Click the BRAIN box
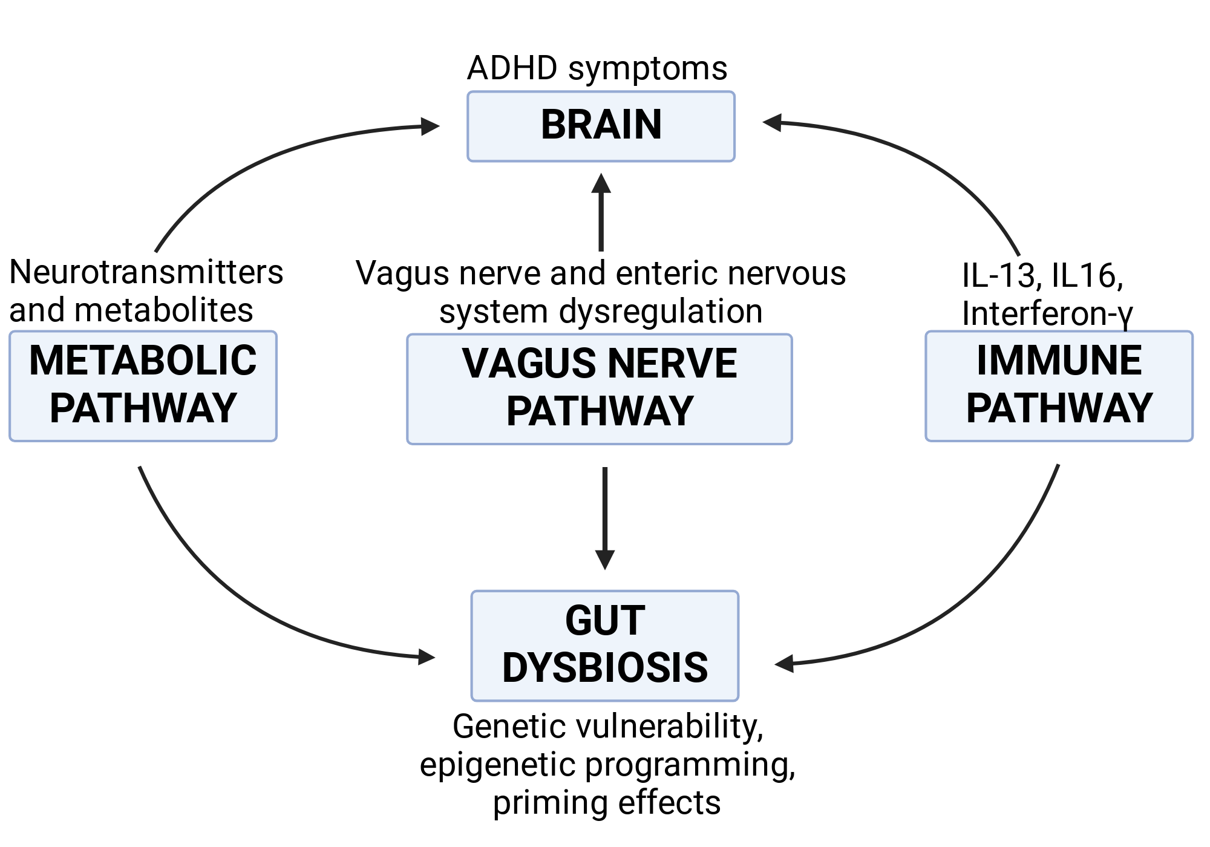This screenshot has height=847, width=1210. coord(601,126)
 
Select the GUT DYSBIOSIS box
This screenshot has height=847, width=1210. coord(605,646)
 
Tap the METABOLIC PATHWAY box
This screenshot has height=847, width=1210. coord(143,386)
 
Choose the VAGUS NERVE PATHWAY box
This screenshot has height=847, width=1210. coord(600,389)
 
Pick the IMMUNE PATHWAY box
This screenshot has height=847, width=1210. coord(1059,386)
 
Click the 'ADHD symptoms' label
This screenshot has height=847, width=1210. coord(597,68)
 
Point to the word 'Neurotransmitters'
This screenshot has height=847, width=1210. coord(146,272)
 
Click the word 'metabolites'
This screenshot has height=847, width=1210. coord(163,310)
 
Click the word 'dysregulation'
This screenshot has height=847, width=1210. coord(661,312)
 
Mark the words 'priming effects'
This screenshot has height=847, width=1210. coord(607,803)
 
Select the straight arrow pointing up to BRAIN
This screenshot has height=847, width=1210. coord(601,212)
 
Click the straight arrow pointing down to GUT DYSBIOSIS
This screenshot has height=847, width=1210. coord(605,518)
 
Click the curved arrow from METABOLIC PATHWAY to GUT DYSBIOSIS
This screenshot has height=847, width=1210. coord(242,596)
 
